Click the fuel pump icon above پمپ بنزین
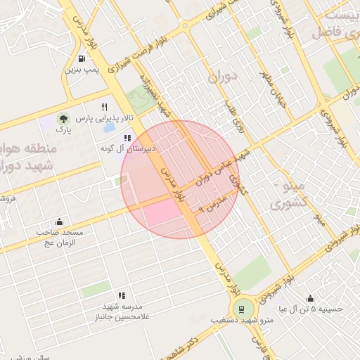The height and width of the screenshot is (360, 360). [x=83, y=58]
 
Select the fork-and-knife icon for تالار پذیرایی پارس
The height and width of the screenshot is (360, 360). [x=105, y=108]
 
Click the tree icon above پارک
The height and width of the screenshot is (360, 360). [x=64, y=119]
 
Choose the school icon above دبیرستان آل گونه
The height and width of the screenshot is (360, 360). [x=127, y=139]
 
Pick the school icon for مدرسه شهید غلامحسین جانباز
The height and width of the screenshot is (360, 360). [x=122, y=296]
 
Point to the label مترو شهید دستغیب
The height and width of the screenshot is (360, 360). [x=242, y=321]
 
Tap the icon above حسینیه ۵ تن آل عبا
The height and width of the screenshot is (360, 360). [x=310, y=298]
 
